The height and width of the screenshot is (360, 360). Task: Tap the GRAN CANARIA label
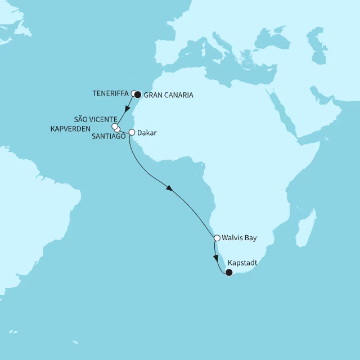[169, 96]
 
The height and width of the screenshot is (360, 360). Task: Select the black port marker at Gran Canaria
[138, 94]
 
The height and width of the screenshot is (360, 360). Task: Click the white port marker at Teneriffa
[134, 93]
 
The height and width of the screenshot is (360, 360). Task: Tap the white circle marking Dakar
[132, 133]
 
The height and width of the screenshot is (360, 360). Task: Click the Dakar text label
[147, 133]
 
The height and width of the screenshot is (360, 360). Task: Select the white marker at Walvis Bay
[217, 238]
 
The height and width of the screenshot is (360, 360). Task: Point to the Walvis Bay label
[239, 238]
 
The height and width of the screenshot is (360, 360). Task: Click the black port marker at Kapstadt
[228, 273]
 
